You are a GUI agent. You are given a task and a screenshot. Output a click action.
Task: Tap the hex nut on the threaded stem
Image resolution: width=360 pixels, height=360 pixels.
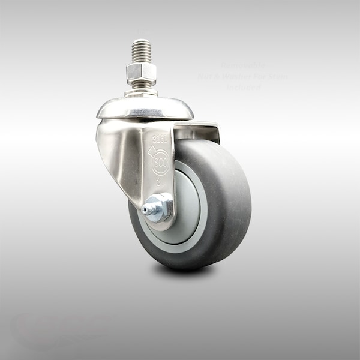coord(142,74)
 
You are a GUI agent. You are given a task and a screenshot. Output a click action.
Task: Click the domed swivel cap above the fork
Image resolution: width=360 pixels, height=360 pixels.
coord(145,109)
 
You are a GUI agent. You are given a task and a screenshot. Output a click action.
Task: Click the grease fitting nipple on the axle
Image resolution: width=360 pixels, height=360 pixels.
coord(147,209)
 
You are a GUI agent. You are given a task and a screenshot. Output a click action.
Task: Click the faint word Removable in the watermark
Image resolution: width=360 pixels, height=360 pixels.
coord(240,64)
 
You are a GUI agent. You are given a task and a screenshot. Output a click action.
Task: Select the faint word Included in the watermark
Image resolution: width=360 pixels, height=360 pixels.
coord(243,86)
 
